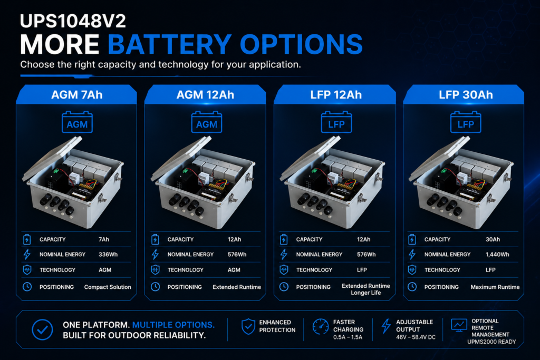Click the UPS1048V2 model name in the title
tap(73, 21)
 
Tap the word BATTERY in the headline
tap(170, 44)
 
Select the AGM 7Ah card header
tap(77, 95)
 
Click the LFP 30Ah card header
tap(466, 95)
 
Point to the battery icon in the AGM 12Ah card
tap(207, 122)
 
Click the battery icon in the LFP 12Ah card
tap(336, 122)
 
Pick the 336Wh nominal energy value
tap(108, 255)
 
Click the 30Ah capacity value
tap(493, 239)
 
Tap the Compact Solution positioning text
tap(108, 287)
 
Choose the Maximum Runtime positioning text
tap(495, 287)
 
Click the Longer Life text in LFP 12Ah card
tap(366, 293)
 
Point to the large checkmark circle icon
tap(42, 329)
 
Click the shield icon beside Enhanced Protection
tap(248, 326)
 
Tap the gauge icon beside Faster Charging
tap(320, 326)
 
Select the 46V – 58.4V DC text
tap(416, 337)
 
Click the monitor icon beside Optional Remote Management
tap(459, 325)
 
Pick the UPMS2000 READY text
tap(491, 342)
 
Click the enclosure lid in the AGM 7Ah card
tap(52, 159)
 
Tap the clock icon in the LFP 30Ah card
tap(412, 287)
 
